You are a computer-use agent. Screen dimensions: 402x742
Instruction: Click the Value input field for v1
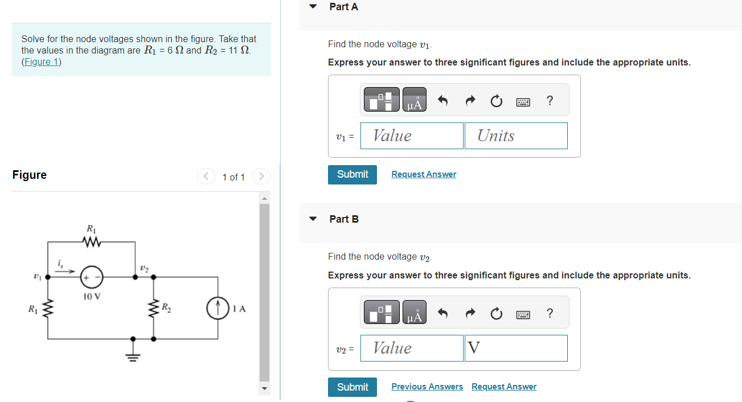[411, 136]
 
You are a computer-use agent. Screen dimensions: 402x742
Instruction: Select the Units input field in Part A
[515, 136]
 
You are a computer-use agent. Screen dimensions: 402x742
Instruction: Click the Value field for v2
[411, 348]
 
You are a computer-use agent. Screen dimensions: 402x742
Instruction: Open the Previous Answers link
[427, 387]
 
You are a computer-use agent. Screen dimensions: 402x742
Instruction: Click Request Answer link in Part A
[424, 174]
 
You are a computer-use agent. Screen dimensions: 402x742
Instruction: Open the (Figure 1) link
[41, 61]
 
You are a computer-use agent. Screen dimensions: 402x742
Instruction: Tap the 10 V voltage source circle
[91, 277]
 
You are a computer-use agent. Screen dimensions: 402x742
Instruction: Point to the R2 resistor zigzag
[153, 310]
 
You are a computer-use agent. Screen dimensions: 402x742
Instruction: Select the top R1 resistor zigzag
[91, 243]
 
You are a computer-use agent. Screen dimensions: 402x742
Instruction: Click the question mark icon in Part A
[549, 101]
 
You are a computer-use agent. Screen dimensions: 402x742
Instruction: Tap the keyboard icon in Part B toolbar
[523, 314]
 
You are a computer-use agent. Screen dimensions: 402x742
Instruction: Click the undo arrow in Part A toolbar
[442, 101]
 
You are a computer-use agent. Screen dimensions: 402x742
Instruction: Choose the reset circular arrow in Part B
[496, 314]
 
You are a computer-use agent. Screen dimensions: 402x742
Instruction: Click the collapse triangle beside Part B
[313, 219]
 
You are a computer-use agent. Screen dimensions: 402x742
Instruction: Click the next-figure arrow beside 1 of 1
[261, 177]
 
